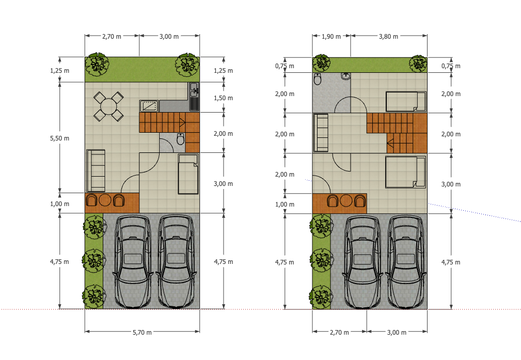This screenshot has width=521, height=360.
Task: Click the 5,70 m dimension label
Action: pos(142,333)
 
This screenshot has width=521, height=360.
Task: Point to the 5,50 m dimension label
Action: pos(60,138)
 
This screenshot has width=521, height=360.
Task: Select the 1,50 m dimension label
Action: pos(223,98)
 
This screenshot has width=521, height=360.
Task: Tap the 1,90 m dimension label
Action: pos(331,37)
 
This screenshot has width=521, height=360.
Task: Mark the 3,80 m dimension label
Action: pos(388,37)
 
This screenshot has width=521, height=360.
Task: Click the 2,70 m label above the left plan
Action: pos(112,37)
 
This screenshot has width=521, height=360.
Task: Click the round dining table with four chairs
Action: pos(108,107)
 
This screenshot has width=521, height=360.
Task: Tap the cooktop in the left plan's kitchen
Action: pos(149,106)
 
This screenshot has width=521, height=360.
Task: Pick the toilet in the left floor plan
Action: pos(180,138)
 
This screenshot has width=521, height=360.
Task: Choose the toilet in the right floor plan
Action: pos(318,79)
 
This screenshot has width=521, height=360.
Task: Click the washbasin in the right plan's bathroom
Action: pos(346,76)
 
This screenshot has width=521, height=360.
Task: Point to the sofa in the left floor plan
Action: pos(96,170)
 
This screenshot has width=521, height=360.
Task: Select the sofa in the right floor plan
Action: pos(321,133)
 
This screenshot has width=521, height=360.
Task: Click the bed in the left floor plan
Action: pos(188,174)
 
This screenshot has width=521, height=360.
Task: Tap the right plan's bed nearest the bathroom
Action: pos(406,102)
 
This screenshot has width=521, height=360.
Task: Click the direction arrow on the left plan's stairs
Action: pos(182,122)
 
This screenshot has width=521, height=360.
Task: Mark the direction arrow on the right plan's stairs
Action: pos(391,143)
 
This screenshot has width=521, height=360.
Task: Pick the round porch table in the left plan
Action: pos(105,200)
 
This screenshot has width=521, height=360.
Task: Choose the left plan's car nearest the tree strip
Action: pos(133,262)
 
